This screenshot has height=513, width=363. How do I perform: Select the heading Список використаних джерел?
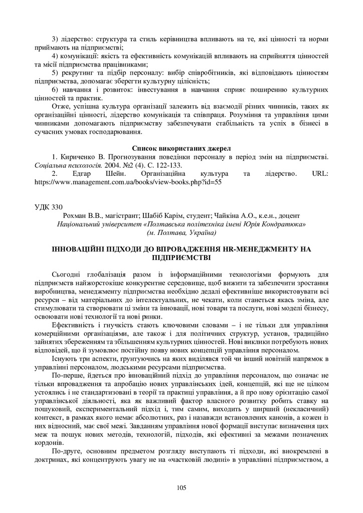pyautogui.click(x=181, y=148)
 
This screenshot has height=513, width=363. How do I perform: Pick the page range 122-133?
pyautogui.click(x=163, y=165)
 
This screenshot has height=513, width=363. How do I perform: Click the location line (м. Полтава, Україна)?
pyautogui.click(x=181, y=232)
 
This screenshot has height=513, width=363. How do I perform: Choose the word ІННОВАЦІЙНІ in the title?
pyautogui.click(x=80, y=249)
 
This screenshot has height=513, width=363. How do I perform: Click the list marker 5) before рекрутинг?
pyautogui.click(x=56, y=73)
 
